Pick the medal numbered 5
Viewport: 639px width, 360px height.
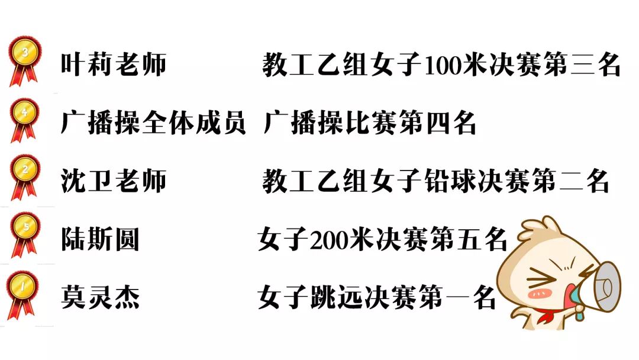pyautogui.click(x=24, y=230)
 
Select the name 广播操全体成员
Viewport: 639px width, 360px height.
pyautogui.click(x=153, y=123)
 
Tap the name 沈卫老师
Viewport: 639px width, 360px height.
pyautogui.click(x=114, y=181)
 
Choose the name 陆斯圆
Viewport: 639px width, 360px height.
pyautogui.click(x=100, y=239)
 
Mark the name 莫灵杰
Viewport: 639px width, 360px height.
pyautogui.click(x=100, y=297)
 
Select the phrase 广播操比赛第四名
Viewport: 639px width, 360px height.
pyautogui.click(x=369, y=123)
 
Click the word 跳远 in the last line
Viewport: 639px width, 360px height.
pyautogui.click(x=335, y=298)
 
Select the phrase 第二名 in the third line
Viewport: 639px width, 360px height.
pyautogui.click(x=571, y=181)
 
